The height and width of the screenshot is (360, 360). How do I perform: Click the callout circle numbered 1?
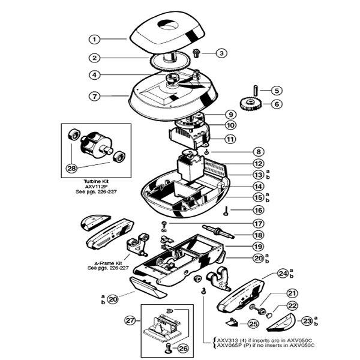coord(95,39)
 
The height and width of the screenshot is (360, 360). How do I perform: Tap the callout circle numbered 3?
coord(221,53)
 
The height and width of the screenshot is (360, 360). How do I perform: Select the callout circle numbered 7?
coord(95,97)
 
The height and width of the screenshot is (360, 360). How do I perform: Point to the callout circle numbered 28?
coord(71,168)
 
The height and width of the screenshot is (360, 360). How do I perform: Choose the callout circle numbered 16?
coord(259,210)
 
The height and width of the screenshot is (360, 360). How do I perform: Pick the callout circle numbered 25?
coord(253,324)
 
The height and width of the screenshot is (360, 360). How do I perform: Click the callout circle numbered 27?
coord(130,320)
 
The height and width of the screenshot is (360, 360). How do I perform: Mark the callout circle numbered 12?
coord(259,164)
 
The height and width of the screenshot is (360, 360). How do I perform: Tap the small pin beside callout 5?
coord(256,90)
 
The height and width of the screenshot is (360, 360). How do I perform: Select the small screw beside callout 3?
coord(196,53)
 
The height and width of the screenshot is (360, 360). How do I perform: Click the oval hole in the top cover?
coord(169,25)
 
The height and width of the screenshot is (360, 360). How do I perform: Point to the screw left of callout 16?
coord(226,211)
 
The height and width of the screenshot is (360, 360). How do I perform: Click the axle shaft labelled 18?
coord(218,232)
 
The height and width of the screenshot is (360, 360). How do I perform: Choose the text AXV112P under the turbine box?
coord(96,187)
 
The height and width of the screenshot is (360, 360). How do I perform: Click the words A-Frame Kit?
coord(108,263)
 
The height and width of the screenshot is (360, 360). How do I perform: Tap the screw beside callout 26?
coord(168,347)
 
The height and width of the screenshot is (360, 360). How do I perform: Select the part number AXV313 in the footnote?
coord(227,340)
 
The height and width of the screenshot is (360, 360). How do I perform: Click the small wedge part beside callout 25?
coord(232,322)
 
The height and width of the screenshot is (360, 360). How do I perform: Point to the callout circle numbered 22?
coord(292,306)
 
